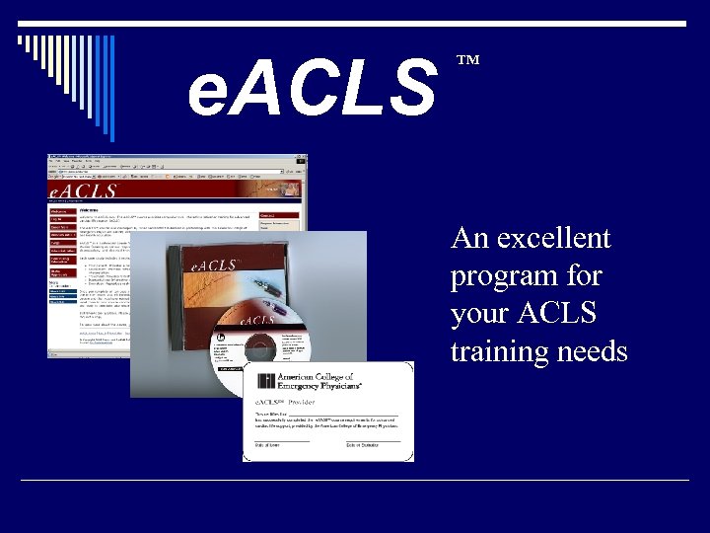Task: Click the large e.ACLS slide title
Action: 314,86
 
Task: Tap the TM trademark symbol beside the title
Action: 467,61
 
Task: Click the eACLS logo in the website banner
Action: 85,190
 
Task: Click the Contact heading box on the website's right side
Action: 269,215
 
